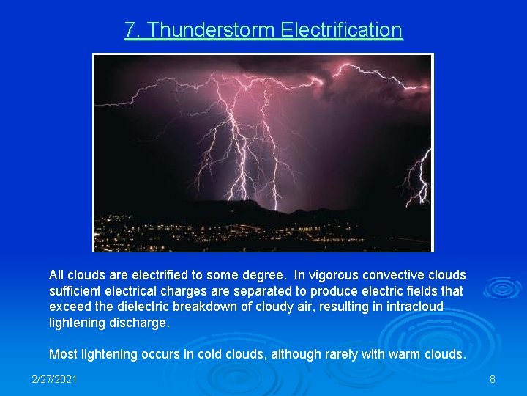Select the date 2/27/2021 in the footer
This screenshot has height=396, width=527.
pyautogui.click(x=55, y=379)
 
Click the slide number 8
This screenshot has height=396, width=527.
pyautogui.click(x=493, y=379)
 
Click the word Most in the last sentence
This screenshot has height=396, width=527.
pyautogui.click(x=62, y=354)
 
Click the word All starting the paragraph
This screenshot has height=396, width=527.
pyautogui.click(x=57, y=275)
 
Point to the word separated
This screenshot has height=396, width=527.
pyautogui.click(x=256, y=291)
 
